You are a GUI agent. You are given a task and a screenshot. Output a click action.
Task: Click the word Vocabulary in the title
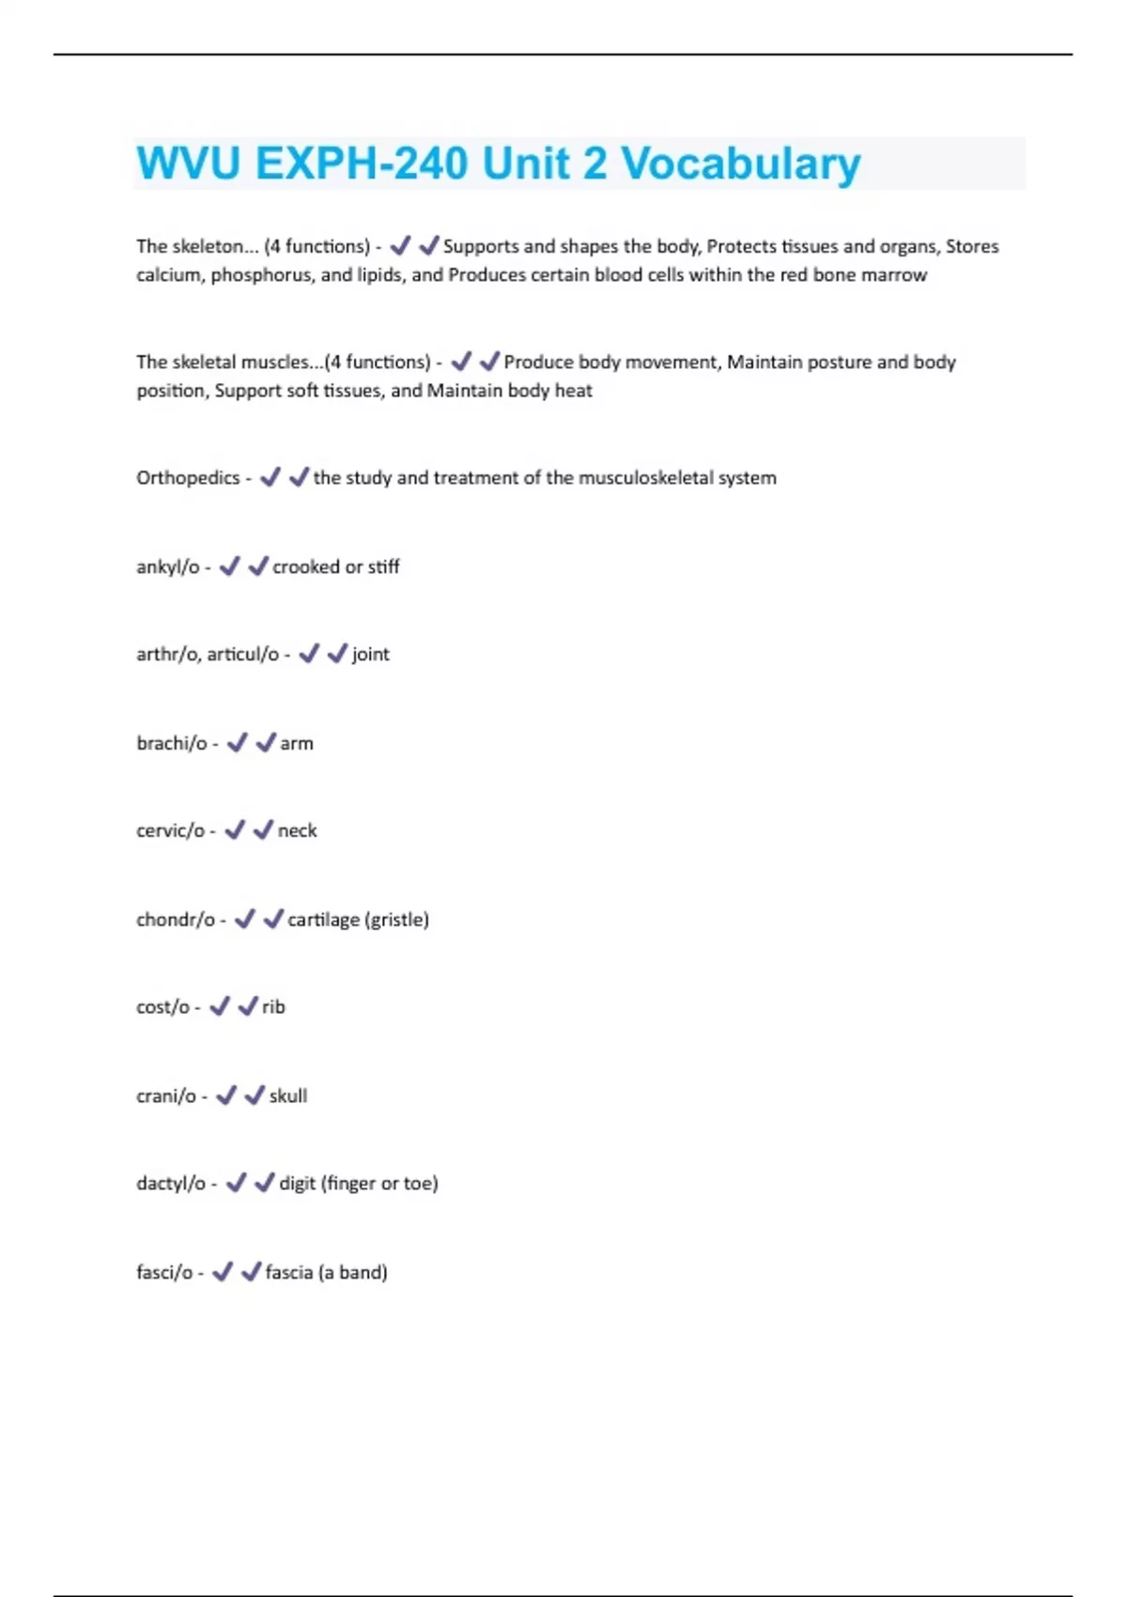[x=741, y=164]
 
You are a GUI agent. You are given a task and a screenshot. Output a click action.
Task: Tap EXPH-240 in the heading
[x=362, y=164]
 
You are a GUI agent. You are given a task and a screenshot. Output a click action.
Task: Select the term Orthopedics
[x=188, y=478]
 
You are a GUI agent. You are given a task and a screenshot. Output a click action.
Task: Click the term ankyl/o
[x=167, y=567]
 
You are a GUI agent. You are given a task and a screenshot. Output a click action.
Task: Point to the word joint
[x=370, y=655]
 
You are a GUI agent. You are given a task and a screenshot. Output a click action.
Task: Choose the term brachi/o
[x=171, y=744]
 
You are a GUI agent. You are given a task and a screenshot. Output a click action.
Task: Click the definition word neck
[x=297, y=831]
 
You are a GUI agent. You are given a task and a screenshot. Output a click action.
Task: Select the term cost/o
[x=162, y=1007]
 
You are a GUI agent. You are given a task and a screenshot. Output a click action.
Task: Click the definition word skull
[x=287, y=1096]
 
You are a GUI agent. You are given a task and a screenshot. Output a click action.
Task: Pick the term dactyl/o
[x=170, y=1184]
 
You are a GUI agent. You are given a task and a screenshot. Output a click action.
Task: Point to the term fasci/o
[x=164, y=1273]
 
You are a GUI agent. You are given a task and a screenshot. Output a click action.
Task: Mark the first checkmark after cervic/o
[x=235, y=830]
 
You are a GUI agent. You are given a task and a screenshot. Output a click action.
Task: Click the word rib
[x=273, y=1007]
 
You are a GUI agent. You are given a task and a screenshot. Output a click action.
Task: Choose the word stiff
[x=383, y=567]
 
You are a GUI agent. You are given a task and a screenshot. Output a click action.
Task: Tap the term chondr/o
[x=175, y=920]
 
